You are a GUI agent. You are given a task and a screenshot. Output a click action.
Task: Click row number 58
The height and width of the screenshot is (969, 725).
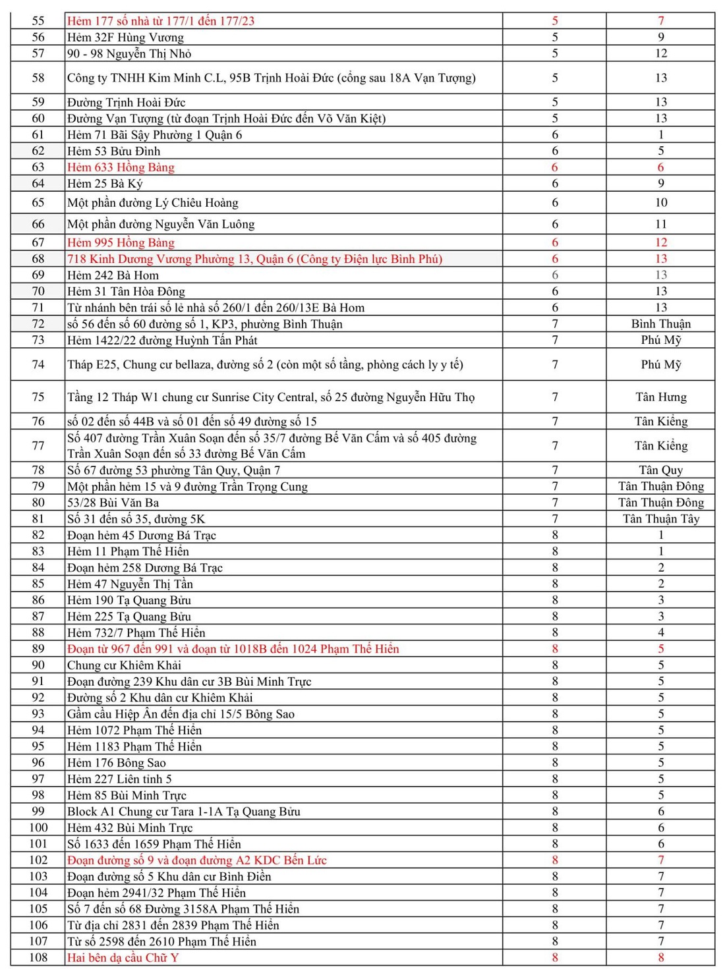(x=38, y=78)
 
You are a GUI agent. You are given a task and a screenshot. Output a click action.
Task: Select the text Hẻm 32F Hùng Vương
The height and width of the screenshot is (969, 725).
(x=125, y=38)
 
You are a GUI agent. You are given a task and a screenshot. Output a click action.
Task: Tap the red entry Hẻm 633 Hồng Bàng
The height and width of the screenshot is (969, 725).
(x=121, y=167)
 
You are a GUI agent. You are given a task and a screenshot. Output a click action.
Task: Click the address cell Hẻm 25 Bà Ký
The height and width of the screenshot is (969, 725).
(x=105, y=184)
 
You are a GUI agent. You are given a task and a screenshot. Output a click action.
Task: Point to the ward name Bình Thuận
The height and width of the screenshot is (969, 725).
(x=660, y=324)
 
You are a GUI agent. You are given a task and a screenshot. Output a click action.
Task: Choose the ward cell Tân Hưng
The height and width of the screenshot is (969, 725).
(x=660, y=397)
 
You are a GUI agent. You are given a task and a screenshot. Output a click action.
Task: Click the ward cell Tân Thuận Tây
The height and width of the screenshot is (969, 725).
(x=660, y=519)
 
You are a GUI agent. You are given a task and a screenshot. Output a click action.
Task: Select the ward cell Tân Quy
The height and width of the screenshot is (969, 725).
(x=660, y=470)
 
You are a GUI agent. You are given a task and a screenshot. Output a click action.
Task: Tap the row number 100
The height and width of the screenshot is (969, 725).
(x=38, y=828)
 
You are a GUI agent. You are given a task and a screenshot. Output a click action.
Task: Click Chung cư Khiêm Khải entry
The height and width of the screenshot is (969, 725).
(x=124, y=665)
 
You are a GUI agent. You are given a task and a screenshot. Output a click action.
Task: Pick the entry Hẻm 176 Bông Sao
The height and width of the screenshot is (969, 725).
(x=117, y=763)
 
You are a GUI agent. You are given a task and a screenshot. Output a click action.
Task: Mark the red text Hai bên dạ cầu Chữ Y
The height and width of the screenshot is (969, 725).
(x=123, y=958)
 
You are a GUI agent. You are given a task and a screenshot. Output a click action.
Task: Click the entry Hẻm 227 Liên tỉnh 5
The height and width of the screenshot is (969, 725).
(x=119, y=779)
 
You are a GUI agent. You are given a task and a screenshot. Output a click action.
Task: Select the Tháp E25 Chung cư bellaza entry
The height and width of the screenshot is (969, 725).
(x=265, y=365)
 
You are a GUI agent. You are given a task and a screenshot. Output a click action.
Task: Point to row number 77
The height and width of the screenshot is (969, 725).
(x=38, y=446)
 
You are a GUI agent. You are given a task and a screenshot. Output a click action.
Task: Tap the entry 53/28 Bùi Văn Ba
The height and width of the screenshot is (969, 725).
(x=113, y=503)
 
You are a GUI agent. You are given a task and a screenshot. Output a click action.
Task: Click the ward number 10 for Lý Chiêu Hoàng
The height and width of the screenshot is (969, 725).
(x=660, y=203)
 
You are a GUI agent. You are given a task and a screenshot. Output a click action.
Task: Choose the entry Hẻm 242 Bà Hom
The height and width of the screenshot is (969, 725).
(x=113, y=275)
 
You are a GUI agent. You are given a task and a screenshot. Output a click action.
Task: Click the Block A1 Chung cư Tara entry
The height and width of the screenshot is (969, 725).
(x=183, y=812)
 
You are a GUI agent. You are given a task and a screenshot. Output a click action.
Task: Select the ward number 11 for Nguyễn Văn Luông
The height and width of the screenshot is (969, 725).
(x=660, y=224)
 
